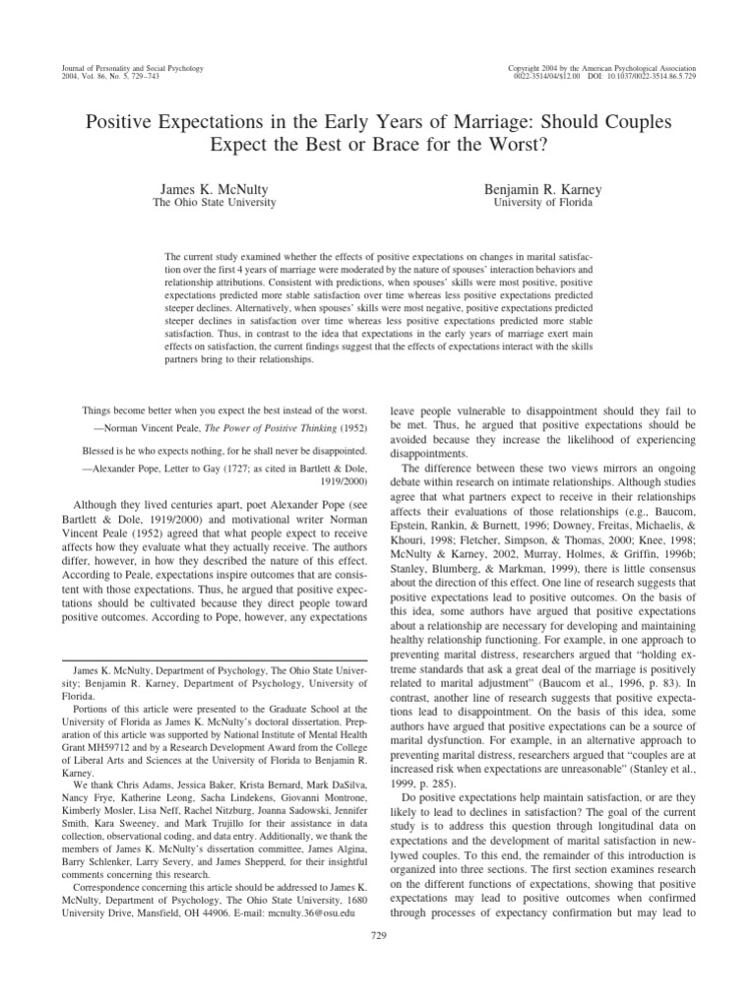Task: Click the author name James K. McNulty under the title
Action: tap(213, 187)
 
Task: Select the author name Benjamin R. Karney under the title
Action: tap(541, 187)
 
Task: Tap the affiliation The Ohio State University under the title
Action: tap(213, 203)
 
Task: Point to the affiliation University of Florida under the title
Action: tap(541, 203)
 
